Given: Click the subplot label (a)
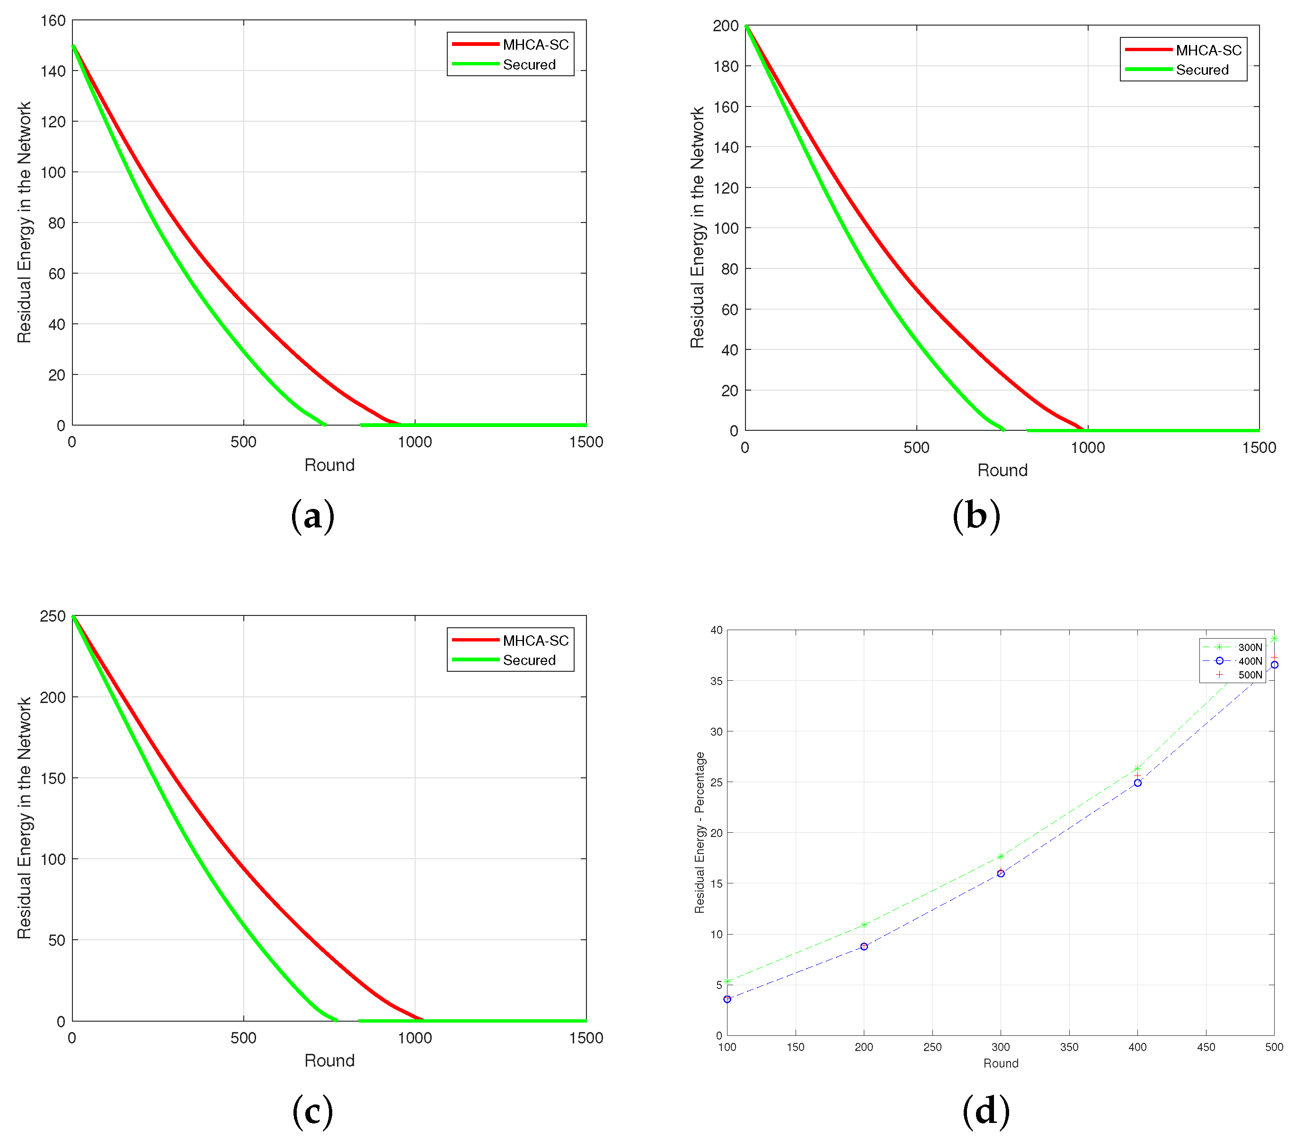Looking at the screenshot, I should [312, 516].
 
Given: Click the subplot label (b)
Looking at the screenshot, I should [976, 516].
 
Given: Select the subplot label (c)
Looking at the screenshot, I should [312, 1110].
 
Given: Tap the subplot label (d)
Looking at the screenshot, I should [986, 1110].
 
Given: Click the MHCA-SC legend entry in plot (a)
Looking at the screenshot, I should [535, 45].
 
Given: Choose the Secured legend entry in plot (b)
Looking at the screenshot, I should [1201, 70].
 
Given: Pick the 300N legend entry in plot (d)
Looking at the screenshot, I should [1250, 647].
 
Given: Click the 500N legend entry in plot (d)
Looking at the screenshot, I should [1250, 675].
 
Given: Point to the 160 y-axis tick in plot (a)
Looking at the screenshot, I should [53, 20].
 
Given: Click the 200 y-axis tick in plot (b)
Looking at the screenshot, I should [726, 26].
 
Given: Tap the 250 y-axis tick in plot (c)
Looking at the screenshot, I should [53, 616].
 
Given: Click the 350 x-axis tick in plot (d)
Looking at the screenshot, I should [1069, 1047].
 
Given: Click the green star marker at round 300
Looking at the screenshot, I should [1001, 857].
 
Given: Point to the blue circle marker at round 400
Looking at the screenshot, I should [1137, 783].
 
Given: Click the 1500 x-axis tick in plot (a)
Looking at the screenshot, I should [585, 442].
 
